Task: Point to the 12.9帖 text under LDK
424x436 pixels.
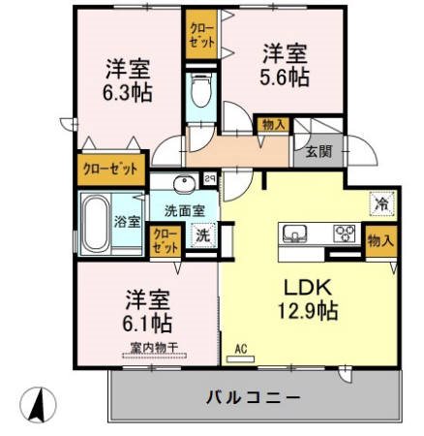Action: click(308, 311)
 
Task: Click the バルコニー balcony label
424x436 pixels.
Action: click(254, 397)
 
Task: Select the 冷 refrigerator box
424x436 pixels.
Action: click(381, 203)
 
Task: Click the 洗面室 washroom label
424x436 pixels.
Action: click(183, 209)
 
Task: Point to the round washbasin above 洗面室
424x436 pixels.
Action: click(183, 184)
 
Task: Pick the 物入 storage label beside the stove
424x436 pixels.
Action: click(379, 240)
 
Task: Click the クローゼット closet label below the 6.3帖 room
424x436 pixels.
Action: click(110, 169)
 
